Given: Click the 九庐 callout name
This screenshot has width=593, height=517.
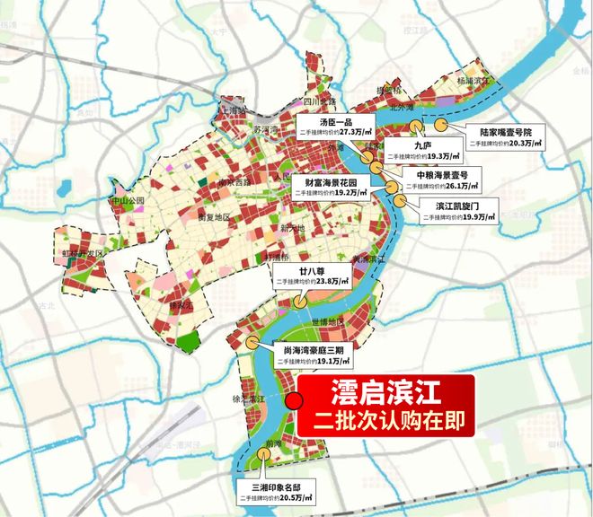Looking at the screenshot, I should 424,144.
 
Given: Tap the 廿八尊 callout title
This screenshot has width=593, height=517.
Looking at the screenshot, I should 297,268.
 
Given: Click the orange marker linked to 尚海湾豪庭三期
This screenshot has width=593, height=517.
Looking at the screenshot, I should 252,343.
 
